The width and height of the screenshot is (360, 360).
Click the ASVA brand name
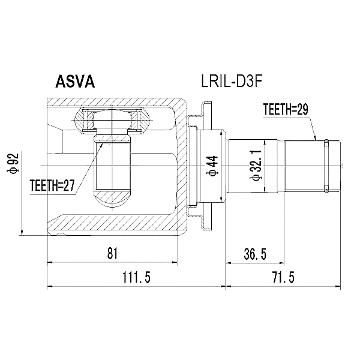tap(75, 82)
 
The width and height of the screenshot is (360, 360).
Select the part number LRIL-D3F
tap(232, 81)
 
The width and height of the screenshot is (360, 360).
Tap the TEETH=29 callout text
tap(286, 109)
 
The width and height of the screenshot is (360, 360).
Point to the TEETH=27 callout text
tap(53, 185)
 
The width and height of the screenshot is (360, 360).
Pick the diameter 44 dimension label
tap(212, 166)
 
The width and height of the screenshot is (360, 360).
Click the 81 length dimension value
tap(112, 253)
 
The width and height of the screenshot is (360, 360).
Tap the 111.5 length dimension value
tap(137, 277)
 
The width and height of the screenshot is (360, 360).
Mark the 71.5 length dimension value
tap(283, 277)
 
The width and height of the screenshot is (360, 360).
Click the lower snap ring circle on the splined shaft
tap(326, 190)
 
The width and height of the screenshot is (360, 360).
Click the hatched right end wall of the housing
tap(181, 166)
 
